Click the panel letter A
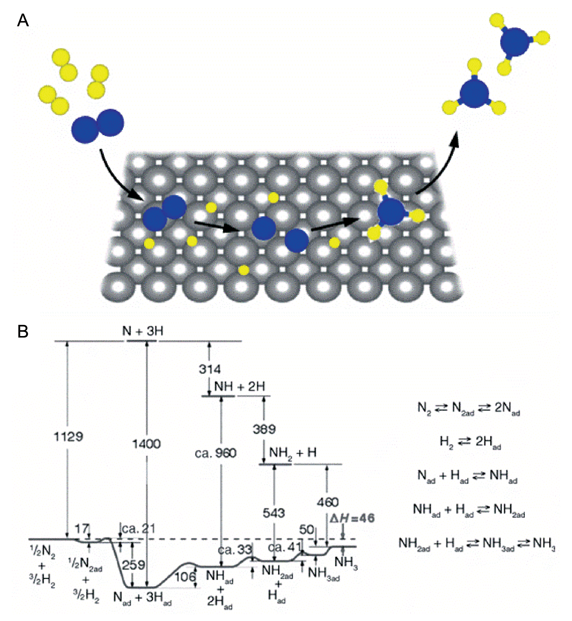[23, 21]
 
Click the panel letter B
[23, 332]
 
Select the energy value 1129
[68, 437]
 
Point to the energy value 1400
[146, 444]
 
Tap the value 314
[210, 369]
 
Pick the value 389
[264, 429]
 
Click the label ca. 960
[216, 453]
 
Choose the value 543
[274, 513]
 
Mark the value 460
[327, 502]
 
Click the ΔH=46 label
[352, 518]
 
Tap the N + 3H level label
[143, 331]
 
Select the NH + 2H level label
[240, 387]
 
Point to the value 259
[133, 565]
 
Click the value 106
[185, 577]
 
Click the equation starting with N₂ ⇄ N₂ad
[469, 408]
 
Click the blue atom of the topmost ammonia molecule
[515, 42]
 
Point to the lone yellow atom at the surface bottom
[244, 270]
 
